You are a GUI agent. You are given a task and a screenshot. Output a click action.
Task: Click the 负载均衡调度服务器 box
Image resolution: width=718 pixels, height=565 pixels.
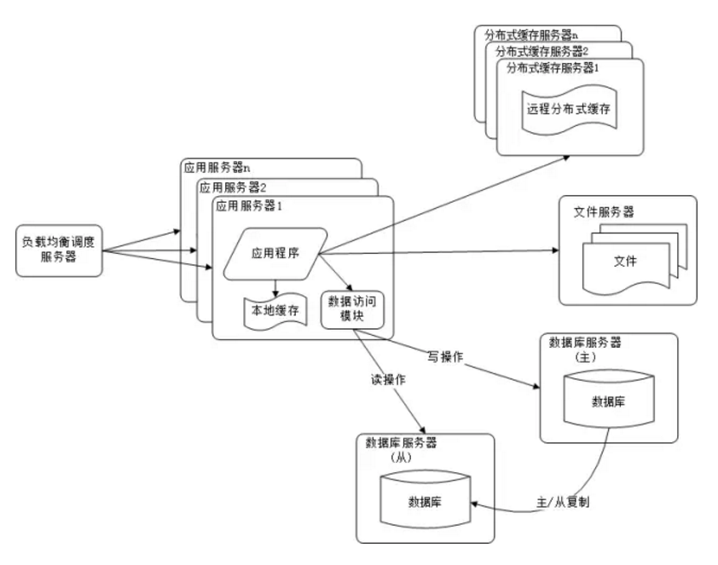(59, 250)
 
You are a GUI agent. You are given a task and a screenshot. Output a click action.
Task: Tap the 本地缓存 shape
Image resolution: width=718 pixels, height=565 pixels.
(275, 312)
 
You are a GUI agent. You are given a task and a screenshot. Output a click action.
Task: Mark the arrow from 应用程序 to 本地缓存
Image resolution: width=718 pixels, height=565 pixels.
(275, 288)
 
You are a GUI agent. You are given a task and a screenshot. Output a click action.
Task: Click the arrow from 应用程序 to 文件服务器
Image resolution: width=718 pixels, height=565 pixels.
(443, 251)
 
